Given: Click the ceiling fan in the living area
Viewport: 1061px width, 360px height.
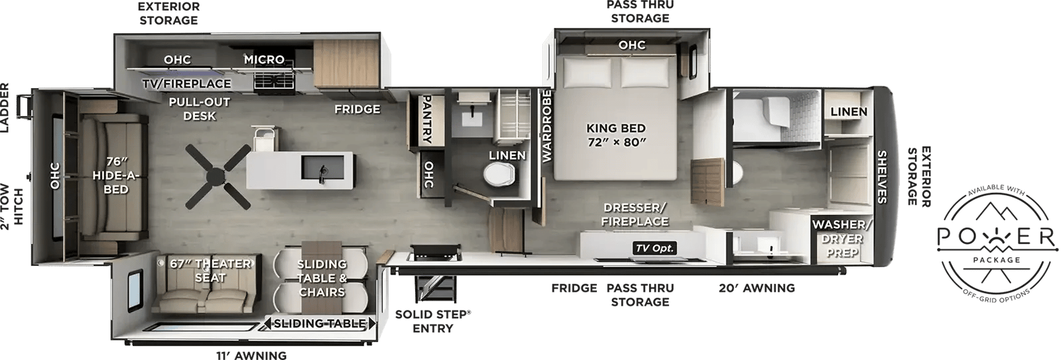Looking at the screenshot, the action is (218, 176).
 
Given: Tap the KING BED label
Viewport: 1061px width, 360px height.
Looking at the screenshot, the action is (616, 128).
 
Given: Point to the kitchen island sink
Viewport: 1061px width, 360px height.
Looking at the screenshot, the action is (323, 168).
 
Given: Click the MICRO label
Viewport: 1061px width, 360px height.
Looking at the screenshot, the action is (264, 59).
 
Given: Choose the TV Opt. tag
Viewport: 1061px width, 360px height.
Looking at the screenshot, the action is (655, 248).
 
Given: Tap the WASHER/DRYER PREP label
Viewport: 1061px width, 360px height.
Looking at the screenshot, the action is (842, 238).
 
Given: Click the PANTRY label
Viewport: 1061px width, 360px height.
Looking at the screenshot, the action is (426, 119).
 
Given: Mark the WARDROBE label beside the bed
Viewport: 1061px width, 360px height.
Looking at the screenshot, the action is (546, 126).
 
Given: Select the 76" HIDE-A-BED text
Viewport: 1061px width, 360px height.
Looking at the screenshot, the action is (116, 175).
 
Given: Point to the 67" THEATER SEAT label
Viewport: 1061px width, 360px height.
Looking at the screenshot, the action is (210, 270).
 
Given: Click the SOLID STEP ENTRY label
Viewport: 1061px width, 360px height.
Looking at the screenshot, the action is (432, 321).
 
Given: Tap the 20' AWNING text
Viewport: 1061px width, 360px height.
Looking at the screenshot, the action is (757, 288).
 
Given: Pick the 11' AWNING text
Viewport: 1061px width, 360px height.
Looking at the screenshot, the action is (251, 355).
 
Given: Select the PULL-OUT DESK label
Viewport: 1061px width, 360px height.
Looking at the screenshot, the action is (200, 109).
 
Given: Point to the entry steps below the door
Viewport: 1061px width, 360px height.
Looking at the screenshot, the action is (435, 288).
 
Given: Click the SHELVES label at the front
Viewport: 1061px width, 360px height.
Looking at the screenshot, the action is (881, 176).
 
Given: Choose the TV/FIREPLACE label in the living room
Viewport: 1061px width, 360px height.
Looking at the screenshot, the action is (187, 84).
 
